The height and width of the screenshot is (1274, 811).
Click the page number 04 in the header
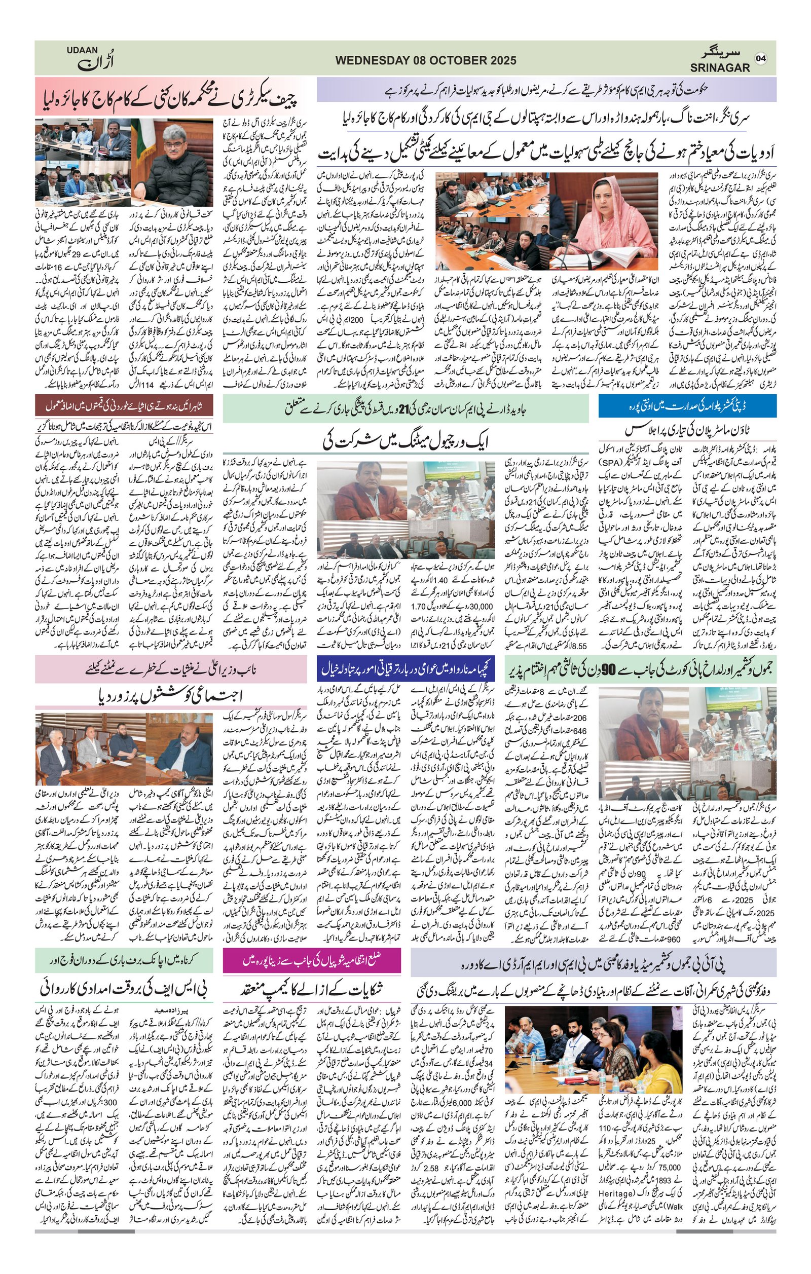tap(761, 58)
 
